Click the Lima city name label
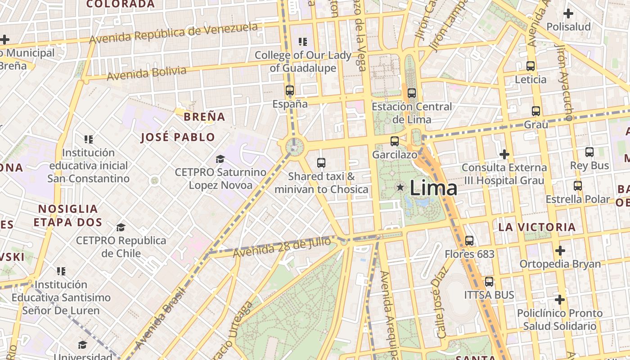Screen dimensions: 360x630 (x=433, y=188)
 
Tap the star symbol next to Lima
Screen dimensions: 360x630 (x=400, y=187)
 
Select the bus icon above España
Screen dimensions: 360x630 (x=290, y=90)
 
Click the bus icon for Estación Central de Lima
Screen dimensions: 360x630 (x=412, y=93)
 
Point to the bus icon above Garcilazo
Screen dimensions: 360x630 (x=395, y=141)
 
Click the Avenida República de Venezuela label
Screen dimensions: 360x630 (x=173, y=33)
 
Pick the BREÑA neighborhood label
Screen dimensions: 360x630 (x=204, y=117)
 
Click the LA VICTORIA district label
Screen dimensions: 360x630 (x=537, y=227)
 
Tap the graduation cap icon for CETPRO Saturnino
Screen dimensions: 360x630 (x=220, y=159)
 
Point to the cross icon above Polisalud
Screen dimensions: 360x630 (x=568, y=13)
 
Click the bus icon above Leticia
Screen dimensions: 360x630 (x=531, y=66)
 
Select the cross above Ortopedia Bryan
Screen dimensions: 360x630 (x=560, y=250)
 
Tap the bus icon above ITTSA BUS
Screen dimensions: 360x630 (x=489, y=282)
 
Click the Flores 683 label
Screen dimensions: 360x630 (x=469, y=254)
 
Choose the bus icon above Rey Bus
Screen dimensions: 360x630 (x=589, y=152)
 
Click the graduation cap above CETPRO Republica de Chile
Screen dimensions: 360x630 (x=121, y=227)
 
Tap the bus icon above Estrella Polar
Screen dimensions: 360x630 (x=578, y=185)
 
